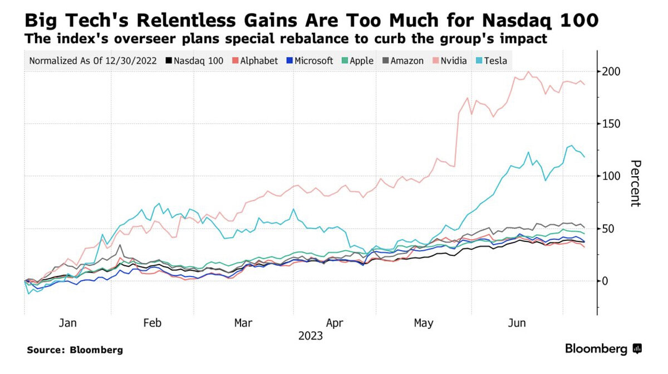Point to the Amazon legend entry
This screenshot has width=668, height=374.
click(x=402, y=60)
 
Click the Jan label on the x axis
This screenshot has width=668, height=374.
click(x=67, y=323)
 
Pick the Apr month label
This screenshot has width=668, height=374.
click(x=335, y=323)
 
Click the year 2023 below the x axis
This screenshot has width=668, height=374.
click(x=310, y=336)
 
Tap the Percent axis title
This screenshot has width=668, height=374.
click(x=635, y=183)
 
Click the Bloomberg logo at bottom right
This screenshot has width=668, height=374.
click(x=603, y=349)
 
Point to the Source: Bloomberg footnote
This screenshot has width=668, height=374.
click(x=75, y=350)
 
